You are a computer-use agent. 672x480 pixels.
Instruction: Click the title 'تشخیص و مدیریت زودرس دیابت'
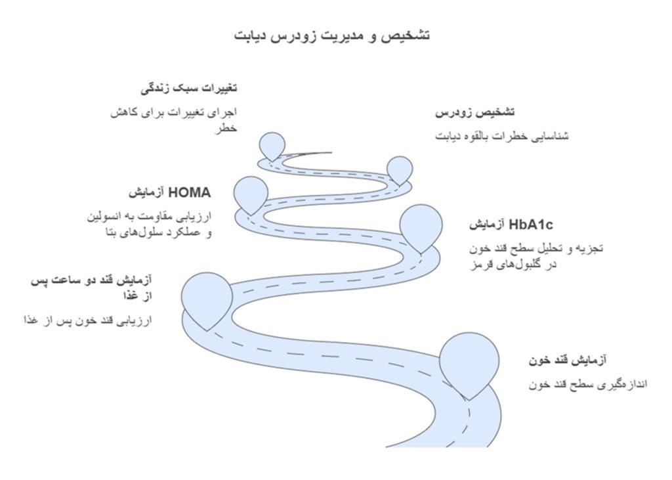click(x=332, y=35)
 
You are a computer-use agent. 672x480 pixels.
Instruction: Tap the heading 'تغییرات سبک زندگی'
click(x=189, y=88)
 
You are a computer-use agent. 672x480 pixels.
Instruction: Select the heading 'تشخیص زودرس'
click(x=474, y=113)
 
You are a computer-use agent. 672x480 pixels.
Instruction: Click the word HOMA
click(x=190, y=193)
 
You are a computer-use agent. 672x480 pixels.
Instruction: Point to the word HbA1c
click(x=531, y=225)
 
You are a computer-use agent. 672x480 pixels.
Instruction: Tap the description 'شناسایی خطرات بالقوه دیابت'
click(x=502, y=136)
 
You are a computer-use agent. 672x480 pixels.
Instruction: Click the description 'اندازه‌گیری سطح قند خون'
click(x=588, y=384)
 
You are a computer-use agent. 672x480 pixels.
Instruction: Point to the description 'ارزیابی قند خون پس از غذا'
click(x=87, y=321)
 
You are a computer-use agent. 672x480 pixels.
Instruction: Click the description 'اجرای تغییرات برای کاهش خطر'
click(x=173, y=119)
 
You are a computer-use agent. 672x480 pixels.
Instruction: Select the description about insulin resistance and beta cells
click(x=152, y=224)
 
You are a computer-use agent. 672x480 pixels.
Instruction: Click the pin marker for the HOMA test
click(x=251, y=193)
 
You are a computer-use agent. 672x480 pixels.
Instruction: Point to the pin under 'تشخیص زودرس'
click(x=399, y=169)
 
